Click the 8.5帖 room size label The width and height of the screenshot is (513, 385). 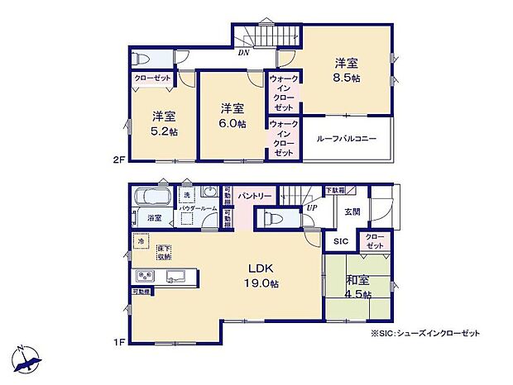click(x=347, y=78)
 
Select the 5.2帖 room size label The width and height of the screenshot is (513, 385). click(x=164, y=131)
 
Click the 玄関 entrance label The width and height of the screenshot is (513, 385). click(x=352, y=212)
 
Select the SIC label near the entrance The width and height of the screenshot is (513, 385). click(x=340, y=241)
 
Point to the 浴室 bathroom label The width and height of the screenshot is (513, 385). click(x=154, y=219)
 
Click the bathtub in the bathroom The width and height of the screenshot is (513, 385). click(x=152, y=197)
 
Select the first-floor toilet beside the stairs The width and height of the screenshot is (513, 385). click(x=271, y=218)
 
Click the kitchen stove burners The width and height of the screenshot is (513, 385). click(x=146, y=275)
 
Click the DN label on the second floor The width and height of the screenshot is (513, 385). click(x=243, y=52)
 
